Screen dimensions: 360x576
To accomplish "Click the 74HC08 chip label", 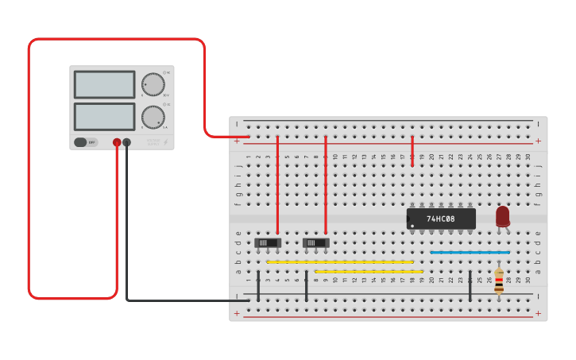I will pos(441,219).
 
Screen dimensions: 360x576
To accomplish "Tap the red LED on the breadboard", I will pos(502,216).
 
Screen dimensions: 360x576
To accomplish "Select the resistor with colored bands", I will pos(499,281).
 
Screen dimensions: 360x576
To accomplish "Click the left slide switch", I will pos(268,242).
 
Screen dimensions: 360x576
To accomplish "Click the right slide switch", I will pos(316,242).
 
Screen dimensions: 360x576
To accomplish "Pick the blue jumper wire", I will pos(470,252).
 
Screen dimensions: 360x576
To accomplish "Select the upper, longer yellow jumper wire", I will pos(340,261).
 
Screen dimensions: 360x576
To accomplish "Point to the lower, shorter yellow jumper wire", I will pos(369,271).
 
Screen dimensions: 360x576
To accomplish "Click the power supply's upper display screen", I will pos(104,84).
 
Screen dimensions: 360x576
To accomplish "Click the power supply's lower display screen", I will pos(104,116).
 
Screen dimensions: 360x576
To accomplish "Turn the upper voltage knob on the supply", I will pos(153,84).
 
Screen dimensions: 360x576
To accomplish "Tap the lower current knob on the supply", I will pos(153,117).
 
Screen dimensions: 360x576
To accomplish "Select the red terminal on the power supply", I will pos(117,142).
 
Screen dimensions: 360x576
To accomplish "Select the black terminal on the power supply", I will pos(127,142).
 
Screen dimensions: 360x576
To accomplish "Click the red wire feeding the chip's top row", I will pos(412,150).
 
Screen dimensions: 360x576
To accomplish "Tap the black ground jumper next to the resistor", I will pos(470,286).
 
